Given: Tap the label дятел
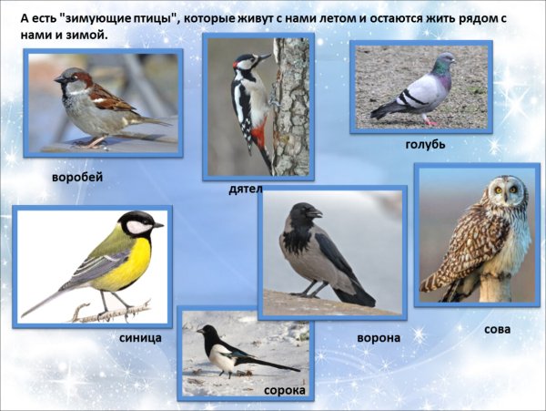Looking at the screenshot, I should (246, 189).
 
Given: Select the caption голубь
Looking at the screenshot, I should (425, 144).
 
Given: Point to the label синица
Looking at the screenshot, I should (140, 337).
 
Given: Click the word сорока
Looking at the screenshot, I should (284, 390).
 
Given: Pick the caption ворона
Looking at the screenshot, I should (378, 337).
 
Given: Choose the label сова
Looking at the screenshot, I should (498, 329).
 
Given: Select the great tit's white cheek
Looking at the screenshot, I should (137, 227).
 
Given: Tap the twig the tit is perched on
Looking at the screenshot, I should (109, 313).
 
